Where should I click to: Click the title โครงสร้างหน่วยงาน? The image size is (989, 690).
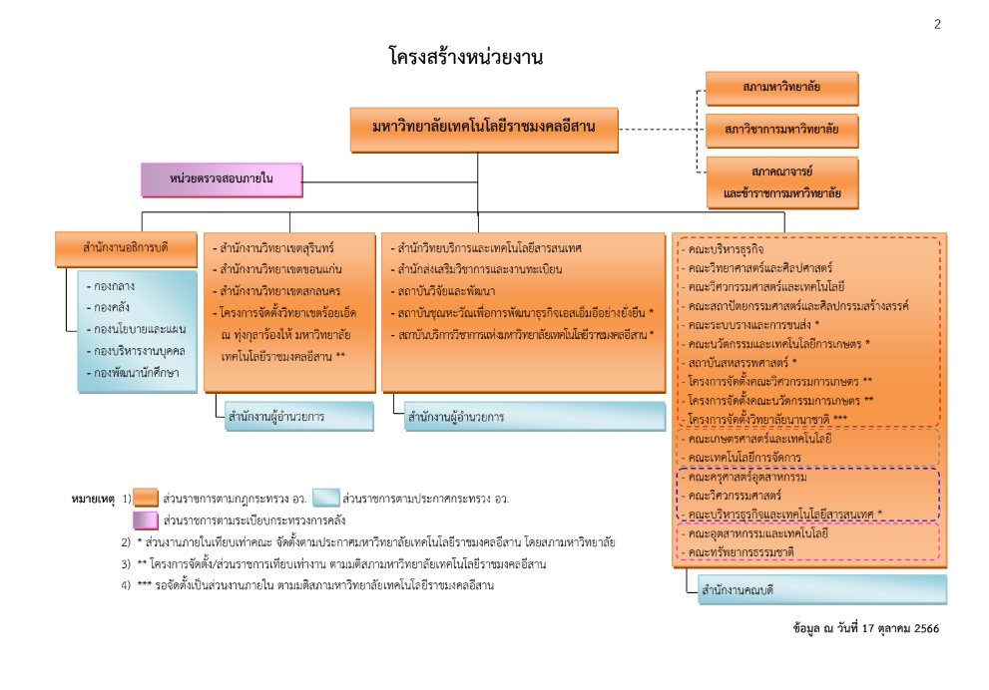pos(466,58)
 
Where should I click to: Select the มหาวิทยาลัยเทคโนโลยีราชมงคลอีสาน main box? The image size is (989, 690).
pos(484,129)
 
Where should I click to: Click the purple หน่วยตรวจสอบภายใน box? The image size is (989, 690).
pos(221,179)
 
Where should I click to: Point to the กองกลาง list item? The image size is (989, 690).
pos(110,285)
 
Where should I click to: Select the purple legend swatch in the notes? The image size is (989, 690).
pos(146,520)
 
